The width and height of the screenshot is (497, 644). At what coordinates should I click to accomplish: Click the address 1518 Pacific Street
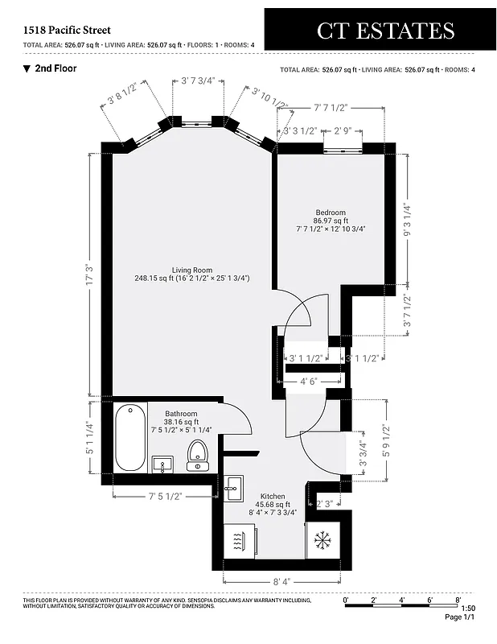tap(67, 30)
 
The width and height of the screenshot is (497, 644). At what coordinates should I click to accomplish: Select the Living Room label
tap(191, 270)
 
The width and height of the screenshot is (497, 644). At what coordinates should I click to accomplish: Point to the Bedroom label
tap(331, 213)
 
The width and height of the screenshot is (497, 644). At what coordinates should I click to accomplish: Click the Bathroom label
tap(182, 414)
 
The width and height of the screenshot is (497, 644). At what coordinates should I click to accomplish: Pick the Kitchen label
tap(273, 497)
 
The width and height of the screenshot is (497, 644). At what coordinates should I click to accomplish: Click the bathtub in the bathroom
tap(129, 440)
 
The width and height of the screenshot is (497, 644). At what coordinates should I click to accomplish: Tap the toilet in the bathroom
tap(197, 456)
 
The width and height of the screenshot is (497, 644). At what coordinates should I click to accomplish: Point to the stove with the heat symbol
tap(240, 540)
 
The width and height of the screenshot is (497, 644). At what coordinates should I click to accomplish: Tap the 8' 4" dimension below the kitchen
tap(281, 580)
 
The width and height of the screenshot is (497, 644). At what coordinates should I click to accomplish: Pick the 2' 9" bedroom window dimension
tap(343, 130)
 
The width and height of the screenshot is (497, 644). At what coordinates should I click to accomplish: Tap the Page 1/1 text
tap(461, 617)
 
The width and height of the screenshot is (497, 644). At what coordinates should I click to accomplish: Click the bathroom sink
tap(163, 464)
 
